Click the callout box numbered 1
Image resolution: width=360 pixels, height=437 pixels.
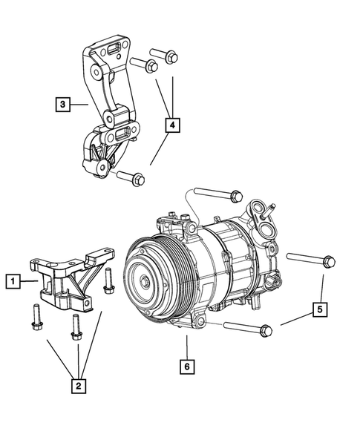tap(13, 281)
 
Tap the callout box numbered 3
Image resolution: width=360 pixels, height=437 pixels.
tap(63, 105)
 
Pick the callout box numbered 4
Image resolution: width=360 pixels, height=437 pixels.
tap(172, 127)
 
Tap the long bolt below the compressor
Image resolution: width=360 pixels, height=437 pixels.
tap(245, 327)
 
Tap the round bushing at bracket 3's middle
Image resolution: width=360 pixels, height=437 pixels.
tap(111, 119)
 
